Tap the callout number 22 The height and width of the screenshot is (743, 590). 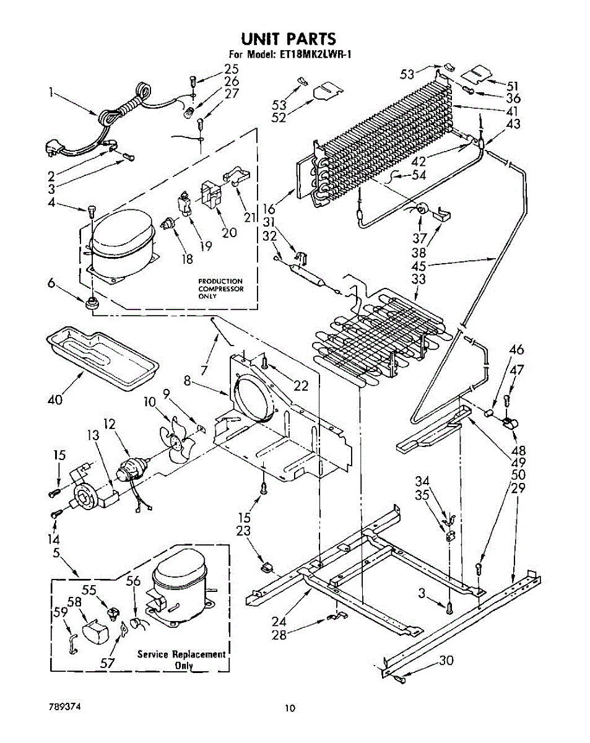pyautogui.click(x=301, y=385)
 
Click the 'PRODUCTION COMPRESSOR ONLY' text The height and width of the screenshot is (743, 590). pyautogui.click(x=220, y=289)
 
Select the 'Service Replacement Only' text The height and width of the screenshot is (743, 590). pyautogui.click(x=181, y=659)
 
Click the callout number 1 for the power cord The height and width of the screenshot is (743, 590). pyautogui.click(x=51, y=93)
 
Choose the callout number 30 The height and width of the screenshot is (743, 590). pyautogui.click(x=446, y=661)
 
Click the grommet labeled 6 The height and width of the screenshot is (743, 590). pyautogui.click(x=94, y=303)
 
